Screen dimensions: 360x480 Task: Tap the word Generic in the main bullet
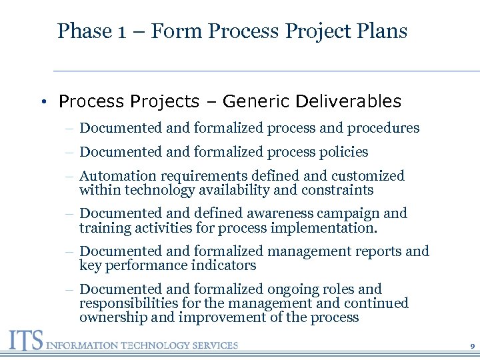(257, 101)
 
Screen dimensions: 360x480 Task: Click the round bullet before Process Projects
(42, 102)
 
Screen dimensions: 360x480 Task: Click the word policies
(343, 152)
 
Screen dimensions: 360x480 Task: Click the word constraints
(336, 190)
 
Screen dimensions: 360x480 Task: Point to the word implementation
(332, 228)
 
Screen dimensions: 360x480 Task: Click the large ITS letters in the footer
(24, 341)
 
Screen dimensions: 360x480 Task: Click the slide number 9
(472, 347)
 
